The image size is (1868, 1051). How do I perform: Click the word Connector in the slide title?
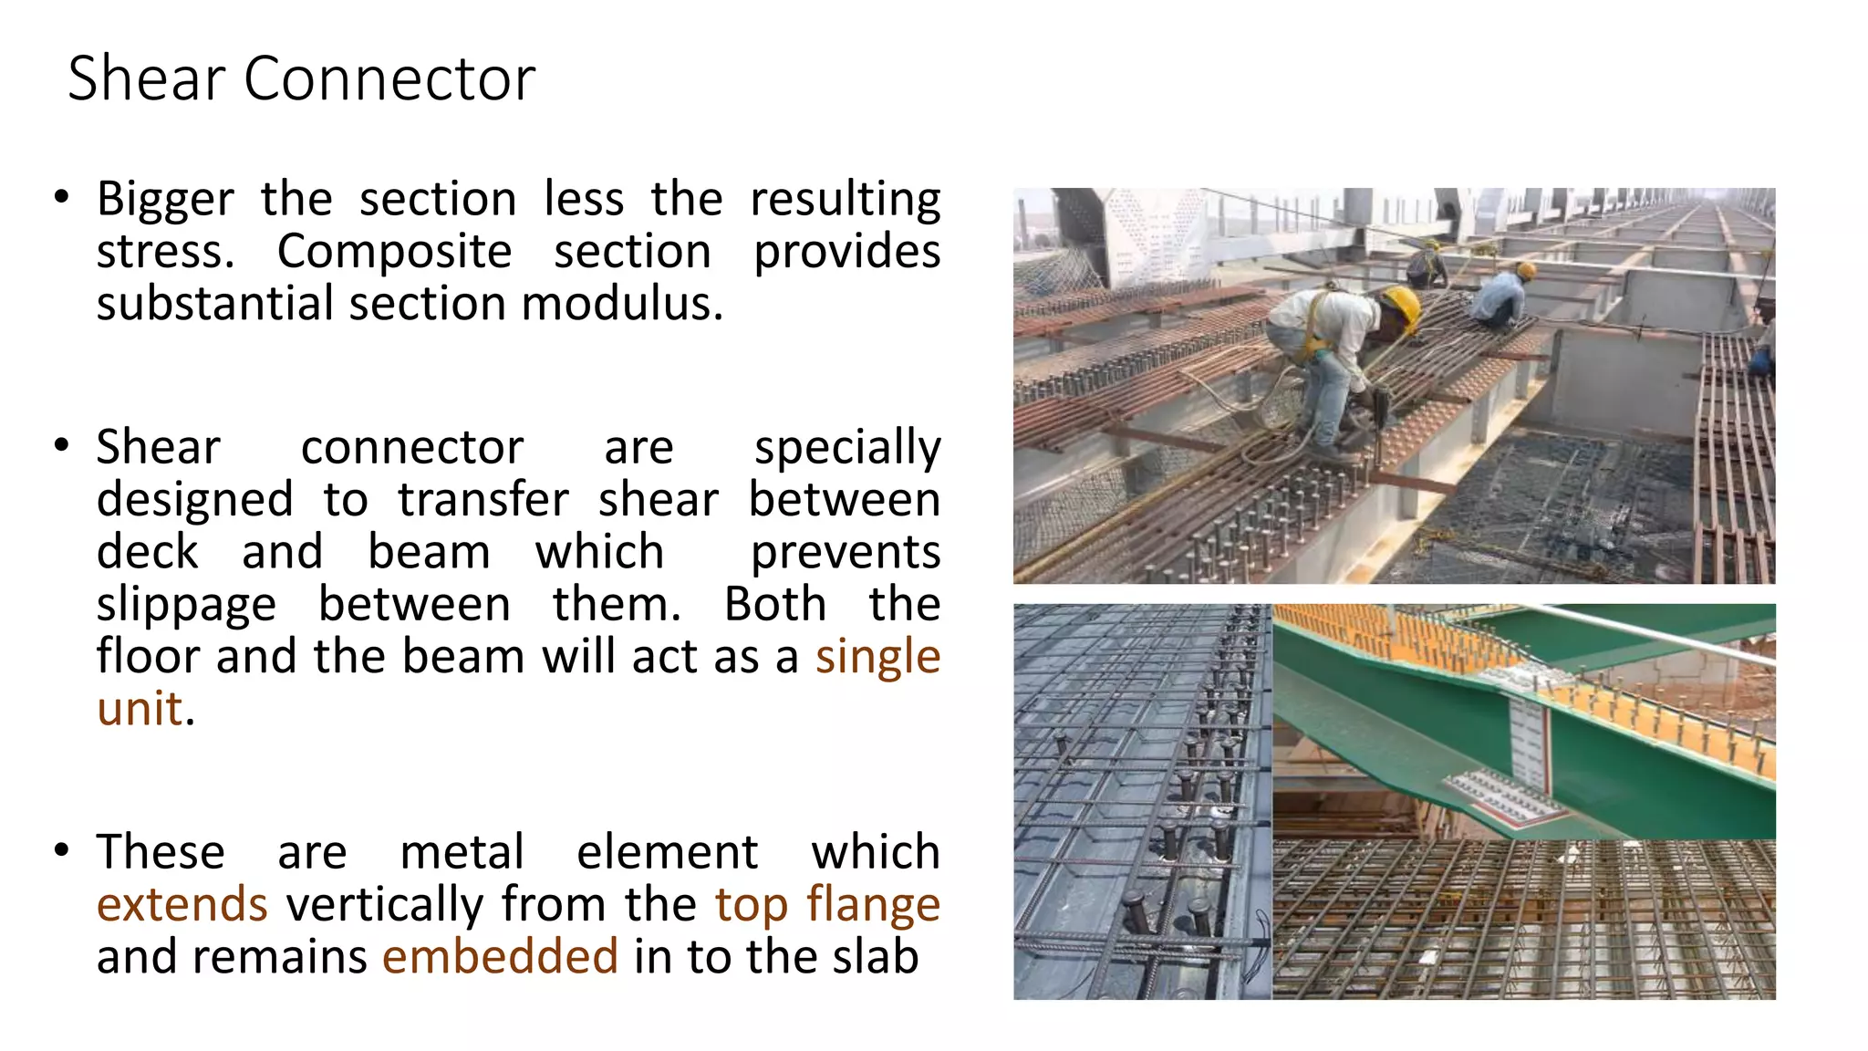[389, 78]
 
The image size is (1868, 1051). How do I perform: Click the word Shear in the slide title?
[146, 78]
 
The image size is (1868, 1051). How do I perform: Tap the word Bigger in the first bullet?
[165, 200]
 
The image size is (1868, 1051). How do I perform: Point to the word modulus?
[621, 304]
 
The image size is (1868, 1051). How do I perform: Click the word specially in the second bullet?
[847, 448]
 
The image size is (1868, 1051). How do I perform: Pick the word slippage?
[186, 605]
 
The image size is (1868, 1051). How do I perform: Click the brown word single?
[877, 657]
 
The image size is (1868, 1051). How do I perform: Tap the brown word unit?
[140, 709]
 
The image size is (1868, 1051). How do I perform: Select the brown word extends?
[182, 904]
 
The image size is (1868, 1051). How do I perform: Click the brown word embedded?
[500, 956]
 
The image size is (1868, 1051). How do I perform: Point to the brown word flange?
[873, 904]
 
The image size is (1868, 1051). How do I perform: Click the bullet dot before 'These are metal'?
[61, 850]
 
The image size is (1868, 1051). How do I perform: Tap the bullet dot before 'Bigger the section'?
[61, 197]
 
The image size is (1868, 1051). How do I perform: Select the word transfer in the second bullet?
[483, 500]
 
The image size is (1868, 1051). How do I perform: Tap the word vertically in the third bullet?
[384, 904]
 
